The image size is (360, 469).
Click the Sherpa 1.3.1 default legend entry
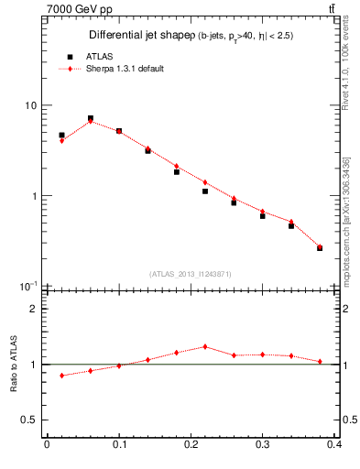click(x=124, y=69)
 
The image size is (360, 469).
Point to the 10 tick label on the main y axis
click(x=30, y=105)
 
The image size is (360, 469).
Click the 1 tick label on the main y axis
click(x=34, y=196)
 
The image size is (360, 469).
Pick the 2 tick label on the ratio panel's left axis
click(x=34, y=309)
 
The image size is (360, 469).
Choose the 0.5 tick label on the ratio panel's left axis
click(x=29, y=420)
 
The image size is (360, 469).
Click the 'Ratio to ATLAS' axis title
click(x=14, y=364)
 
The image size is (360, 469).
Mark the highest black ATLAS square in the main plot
click(x=90, y=118)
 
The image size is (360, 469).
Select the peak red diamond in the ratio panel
click(x=205, y=346)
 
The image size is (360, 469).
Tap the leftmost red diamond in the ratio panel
click(x=61, y=376)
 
